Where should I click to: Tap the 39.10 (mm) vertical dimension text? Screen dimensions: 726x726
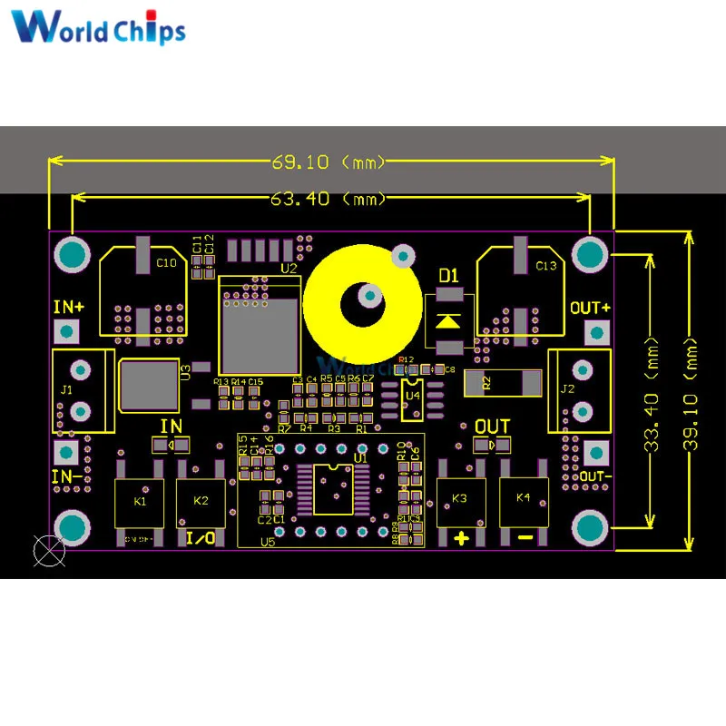[694, 390]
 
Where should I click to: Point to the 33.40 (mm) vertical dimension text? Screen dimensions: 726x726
[652, 390]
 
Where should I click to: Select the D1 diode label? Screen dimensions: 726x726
[449, 275]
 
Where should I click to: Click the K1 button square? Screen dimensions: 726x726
[141, 502]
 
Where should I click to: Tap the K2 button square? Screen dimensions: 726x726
[201, 502]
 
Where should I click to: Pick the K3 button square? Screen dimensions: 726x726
[460, 500]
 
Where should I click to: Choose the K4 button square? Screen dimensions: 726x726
[524, 500]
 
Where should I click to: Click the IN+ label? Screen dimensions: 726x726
[68, 307]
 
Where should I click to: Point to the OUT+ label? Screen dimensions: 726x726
[590, 308]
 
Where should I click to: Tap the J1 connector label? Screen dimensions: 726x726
[65, 390]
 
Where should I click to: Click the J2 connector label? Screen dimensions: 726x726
[568, 390]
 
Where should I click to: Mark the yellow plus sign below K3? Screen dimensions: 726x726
[461, 538]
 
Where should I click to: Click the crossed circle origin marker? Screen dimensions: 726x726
[47, 550]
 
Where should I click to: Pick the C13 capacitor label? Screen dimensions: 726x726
[546, 266]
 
